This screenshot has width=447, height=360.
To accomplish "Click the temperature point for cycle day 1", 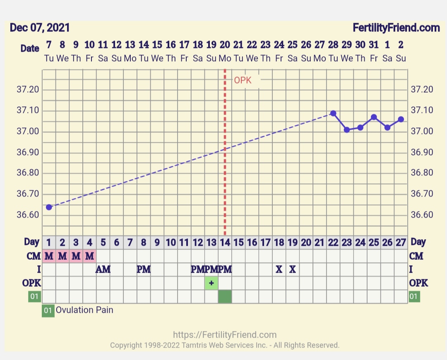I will (49, 207).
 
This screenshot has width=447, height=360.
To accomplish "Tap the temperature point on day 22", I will (333, 113).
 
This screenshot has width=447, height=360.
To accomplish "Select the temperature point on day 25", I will (374, 117).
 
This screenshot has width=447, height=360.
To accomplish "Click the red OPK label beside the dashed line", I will (243, 80).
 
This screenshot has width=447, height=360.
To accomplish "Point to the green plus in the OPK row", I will (211, 283).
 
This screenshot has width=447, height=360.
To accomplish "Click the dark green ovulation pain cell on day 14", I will (225, 297).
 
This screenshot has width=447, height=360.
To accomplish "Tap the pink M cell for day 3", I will (76, 256).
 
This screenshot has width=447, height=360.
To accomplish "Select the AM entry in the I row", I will (103, 270).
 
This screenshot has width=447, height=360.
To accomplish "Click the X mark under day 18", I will (279, 270).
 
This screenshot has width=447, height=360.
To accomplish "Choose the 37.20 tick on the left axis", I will (28, 90).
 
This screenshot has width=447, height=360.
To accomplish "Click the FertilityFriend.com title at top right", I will (396, 28).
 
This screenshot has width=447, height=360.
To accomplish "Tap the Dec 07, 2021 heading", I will (40, 28).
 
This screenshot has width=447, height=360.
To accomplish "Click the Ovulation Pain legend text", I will (84, 310).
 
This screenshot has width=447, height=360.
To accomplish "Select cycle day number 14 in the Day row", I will (225, 242).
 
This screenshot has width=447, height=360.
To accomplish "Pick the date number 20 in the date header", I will (225, 45).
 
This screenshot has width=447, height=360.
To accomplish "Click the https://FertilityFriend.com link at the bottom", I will (225, 335).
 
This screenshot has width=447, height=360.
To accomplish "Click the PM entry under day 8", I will (144, 270).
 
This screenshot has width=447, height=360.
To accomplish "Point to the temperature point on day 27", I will (401, 119).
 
